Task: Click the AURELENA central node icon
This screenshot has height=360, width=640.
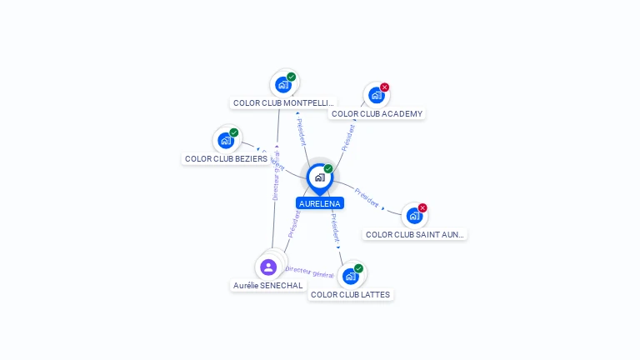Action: (x=319, y=177)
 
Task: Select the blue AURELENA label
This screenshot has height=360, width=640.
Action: (x=320, y=203)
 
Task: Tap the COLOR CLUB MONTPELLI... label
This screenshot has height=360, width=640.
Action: (x=283, y=103)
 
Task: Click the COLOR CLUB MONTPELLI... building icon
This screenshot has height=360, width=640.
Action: (x=283, y=84)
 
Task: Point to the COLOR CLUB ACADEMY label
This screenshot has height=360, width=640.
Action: (x=377, y=114)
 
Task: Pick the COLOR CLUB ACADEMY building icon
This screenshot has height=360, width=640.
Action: (x=376, y=95)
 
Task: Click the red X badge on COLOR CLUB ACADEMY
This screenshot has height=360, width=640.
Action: (x=384, y=87)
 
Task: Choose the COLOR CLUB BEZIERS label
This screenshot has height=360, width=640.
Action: (x=226, y=158)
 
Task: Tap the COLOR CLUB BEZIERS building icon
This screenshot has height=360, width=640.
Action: (x=226, y=140)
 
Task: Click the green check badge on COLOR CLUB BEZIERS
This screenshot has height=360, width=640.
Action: (x=234, y=132)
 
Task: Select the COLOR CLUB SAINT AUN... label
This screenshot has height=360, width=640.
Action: (x=415, y=235)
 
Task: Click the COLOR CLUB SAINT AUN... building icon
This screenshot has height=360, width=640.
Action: (x=414, y=216)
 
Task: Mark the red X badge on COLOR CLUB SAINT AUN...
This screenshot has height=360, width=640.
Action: (x=422, y=207)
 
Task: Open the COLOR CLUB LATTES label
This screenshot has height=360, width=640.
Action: (x=350, y=295)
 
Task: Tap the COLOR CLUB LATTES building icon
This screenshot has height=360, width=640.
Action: (x=350, y=276)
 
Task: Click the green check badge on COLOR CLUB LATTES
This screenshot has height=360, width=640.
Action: (x=358, y=268)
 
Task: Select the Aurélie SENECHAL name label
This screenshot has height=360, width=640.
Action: (x=268, y=286)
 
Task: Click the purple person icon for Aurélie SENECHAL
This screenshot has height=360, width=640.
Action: (x=268, y=267)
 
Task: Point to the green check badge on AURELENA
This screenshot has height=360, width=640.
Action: (x=328, y=168)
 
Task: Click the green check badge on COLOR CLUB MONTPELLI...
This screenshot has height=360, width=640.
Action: (x=292, y=77)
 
